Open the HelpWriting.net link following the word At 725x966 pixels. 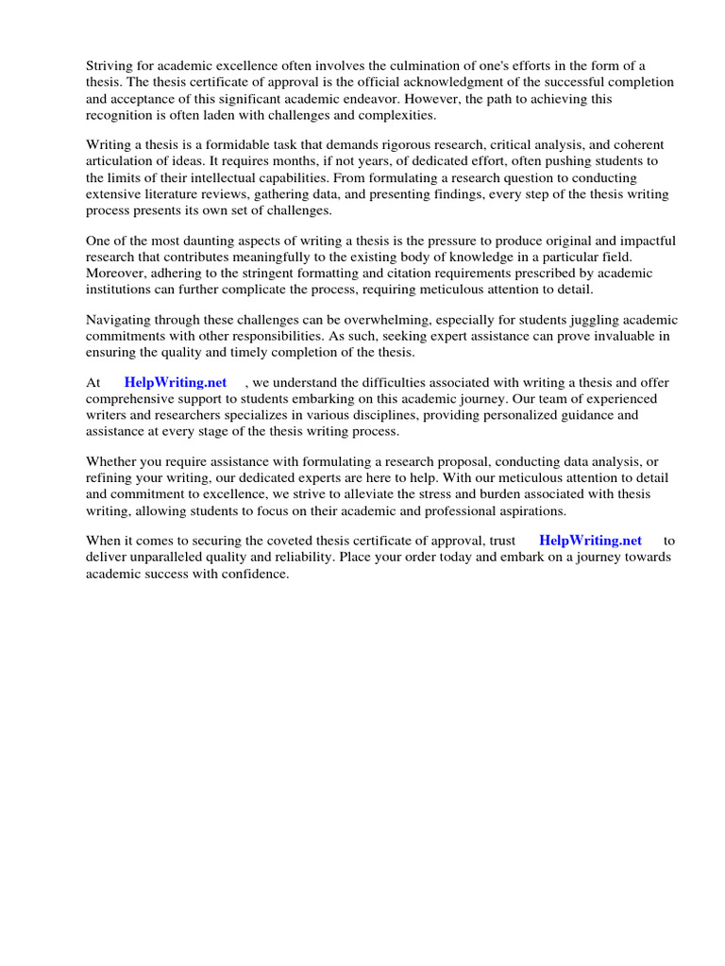176,382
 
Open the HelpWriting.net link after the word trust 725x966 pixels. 590,541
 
